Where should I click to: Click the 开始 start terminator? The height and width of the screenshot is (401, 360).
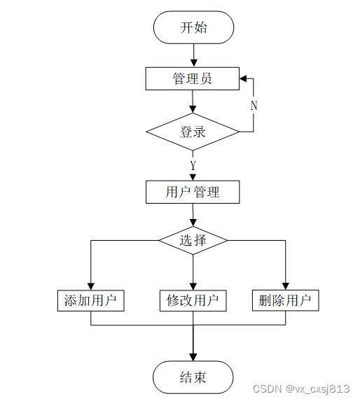coord(193,27)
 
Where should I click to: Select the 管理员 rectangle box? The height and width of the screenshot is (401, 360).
coord(193,78)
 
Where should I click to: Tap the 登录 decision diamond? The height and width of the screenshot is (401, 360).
coord(193,132)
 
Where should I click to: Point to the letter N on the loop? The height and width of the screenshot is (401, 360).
coord(254,106)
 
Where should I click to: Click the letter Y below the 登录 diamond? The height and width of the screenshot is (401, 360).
coord(193,165)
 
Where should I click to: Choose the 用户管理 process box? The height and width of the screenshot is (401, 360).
coord(193,192)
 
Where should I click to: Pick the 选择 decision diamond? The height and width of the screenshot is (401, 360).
coord(193,240)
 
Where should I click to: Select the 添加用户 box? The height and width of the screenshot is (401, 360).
coord(91,300)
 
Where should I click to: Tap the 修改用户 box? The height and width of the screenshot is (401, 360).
coord(193,300)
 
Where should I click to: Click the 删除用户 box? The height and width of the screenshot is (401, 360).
coord(286,300)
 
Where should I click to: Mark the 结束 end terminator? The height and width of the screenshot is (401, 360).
coord(193,377)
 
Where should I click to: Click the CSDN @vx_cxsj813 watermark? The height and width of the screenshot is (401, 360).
coord(301,388)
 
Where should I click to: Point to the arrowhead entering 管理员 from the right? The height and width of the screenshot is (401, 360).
coord(243,78)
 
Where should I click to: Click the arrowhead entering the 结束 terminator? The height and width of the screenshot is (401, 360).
coord(193,358)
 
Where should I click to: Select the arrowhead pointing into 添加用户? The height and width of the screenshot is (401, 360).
coord(91,286)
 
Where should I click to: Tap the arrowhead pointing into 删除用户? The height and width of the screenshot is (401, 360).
coord(286,286)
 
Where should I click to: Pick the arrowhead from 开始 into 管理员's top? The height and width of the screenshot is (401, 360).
coord(194,64)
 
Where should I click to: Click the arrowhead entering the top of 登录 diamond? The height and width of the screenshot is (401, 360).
coord(193,109)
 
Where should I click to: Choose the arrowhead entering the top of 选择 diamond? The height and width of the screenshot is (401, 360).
coord(193,223)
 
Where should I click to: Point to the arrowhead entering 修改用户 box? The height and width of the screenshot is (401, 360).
coord(193,286)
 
